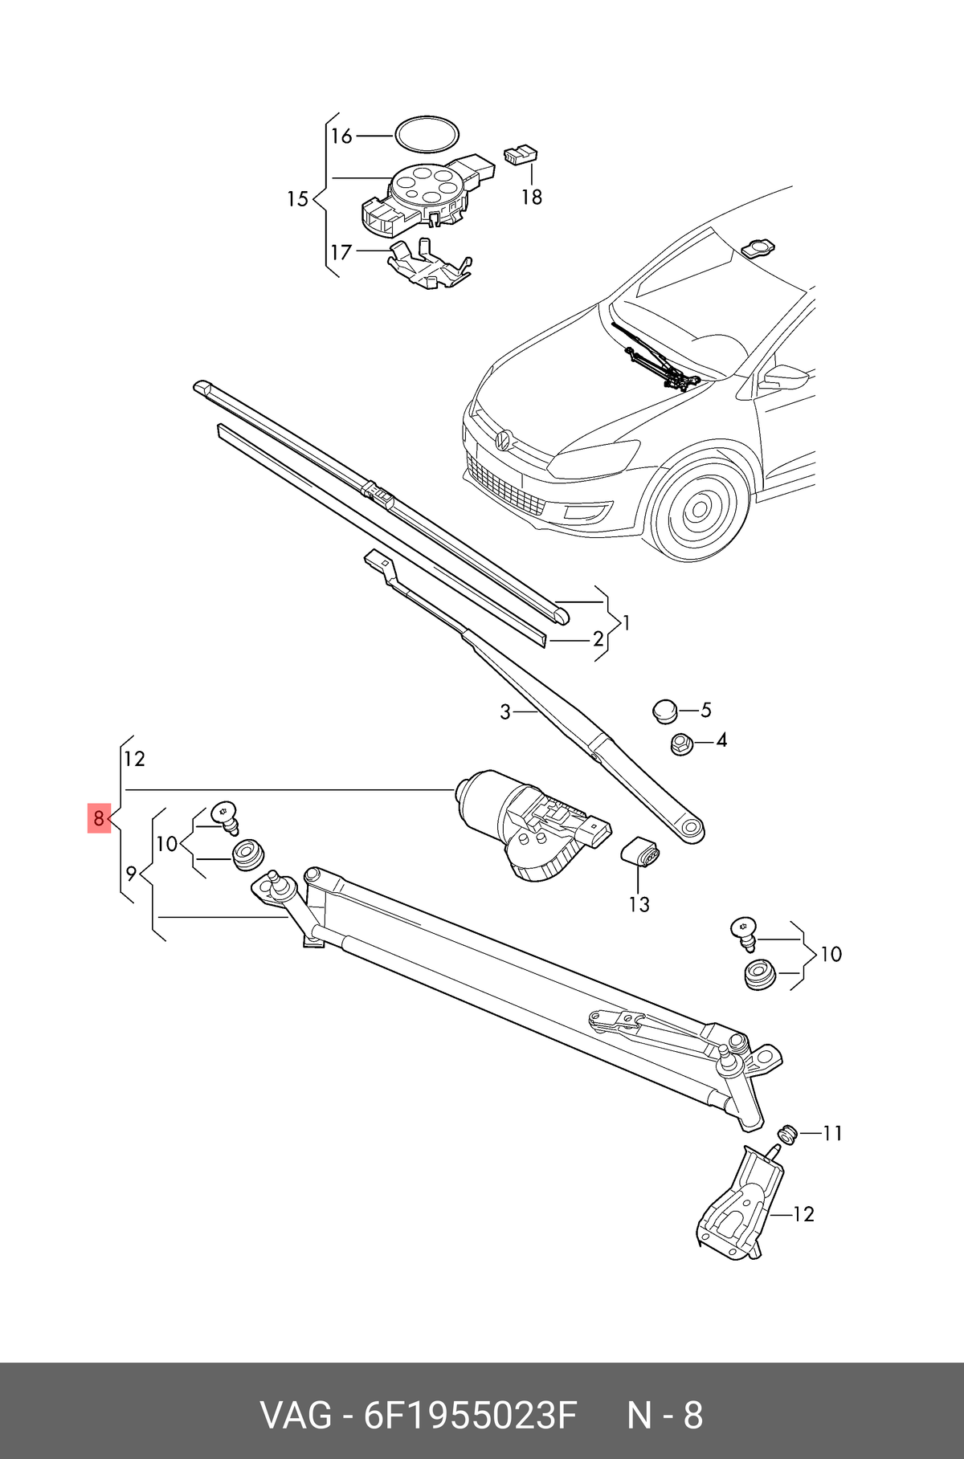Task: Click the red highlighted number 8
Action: tap(99, 818)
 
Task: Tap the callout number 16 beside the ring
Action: tap(341, 136)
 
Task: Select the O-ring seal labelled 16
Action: tap(427, 133)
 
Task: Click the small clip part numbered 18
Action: tap(520, 155)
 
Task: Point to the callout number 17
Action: tap(341, 252)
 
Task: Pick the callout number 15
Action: tap(298, 198)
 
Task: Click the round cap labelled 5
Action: tap(664, 711)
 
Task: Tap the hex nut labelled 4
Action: tap(682, 744)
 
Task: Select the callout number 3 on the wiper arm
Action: tap(504, 712)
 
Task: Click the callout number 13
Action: tap(639, 904)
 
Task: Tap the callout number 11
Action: tap(832, 1133)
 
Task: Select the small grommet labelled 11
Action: tap(787, 1134)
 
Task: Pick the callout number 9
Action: tap(131, 874)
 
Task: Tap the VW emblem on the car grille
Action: tap(504, 440)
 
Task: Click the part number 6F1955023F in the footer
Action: tap(471, 1416)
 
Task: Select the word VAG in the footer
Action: tap(296, 1416)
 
